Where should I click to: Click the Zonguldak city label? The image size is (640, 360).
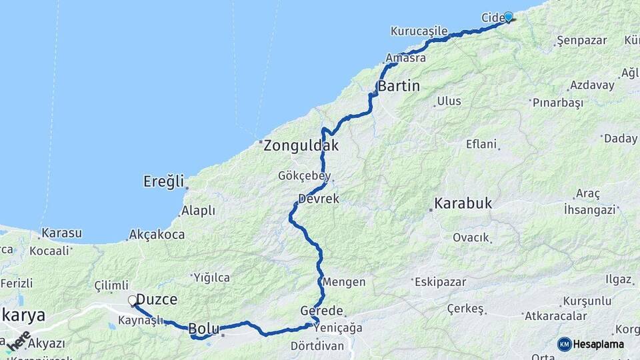point(301,145)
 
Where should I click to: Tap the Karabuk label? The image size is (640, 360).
point(463,203)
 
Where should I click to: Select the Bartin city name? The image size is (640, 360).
point(399,86)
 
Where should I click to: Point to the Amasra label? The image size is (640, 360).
point(405,58)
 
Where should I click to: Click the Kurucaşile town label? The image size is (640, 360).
point(419,31)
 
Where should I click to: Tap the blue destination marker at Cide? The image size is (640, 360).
point(509,17)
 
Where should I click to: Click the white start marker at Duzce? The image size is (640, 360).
point(133,301)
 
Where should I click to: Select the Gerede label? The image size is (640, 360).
point(321,311)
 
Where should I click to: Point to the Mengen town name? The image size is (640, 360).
point(344,282)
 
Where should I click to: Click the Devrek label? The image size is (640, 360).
point(319,199)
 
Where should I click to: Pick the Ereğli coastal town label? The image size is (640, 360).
point(163,181)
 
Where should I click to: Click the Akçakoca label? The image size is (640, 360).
point(155,234)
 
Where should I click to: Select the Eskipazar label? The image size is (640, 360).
point(440,282)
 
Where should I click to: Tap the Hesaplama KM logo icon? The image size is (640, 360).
point(565,344)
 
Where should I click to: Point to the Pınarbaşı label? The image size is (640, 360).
point(557,103)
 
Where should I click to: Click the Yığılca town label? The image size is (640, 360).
point(211,277)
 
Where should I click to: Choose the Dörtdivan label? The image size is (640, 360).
point(317,346)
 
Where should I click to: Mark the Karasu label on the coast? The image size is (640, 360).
point(61,233)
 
